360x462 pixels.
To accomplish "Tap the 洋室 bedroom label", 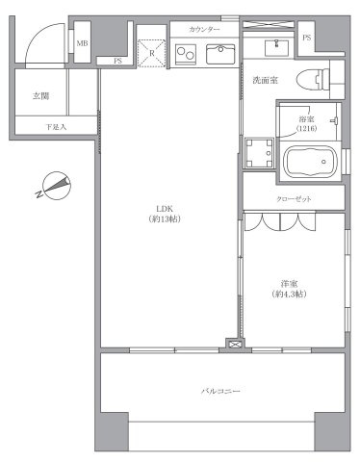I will (288, 282).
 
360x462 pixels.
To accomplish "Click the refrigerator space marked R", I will (151, 54).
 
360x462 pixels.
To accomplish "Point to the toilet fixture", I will (316, 78).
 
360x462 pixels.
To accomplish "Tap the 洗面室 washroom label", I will (267, 80).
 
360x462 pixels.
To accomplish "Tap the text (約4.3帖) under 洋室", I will (288, 294).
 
